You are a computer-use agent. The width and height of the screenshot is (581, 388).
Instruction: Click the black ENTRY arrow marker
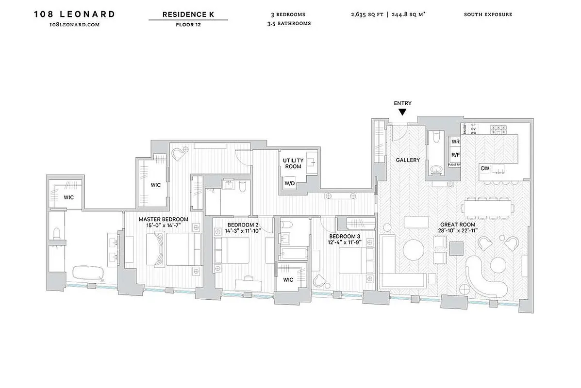(402, 112)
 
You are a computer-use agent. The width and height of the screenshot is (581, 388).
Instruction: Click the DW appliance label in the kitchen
(485, 168)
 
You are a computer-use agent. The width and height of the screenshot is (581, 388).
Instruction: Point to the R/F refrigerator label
(455, 155)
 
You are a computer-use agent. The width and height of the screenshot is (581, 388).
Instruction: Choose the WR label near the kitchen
(455, 142)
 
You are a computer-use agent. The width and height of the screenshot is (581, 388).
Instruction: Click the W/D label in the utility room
(290, 183)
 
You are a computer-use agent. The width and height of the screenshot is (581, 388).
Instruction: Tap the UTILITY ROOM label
(293, 163)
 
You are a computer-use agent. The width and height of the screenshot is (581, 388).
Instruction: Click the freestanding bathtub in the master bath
(89, 274)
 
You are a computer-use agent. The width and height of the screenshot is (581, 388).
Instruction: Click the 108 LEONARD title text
(74, 14)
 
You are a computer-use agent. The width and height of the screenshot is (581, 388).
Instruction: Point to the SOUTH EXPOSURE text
(488, 15)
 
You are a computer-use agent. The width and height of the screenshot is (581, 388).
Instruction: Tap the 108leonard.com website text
(74, 24)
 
